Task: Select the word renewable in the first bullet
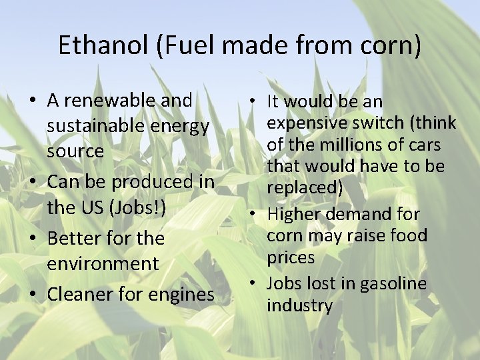pos(107,101)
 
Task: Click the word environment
pos(103,263)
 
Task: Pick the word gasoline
pos(393,284)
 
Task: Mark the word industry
pos(299,306)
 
